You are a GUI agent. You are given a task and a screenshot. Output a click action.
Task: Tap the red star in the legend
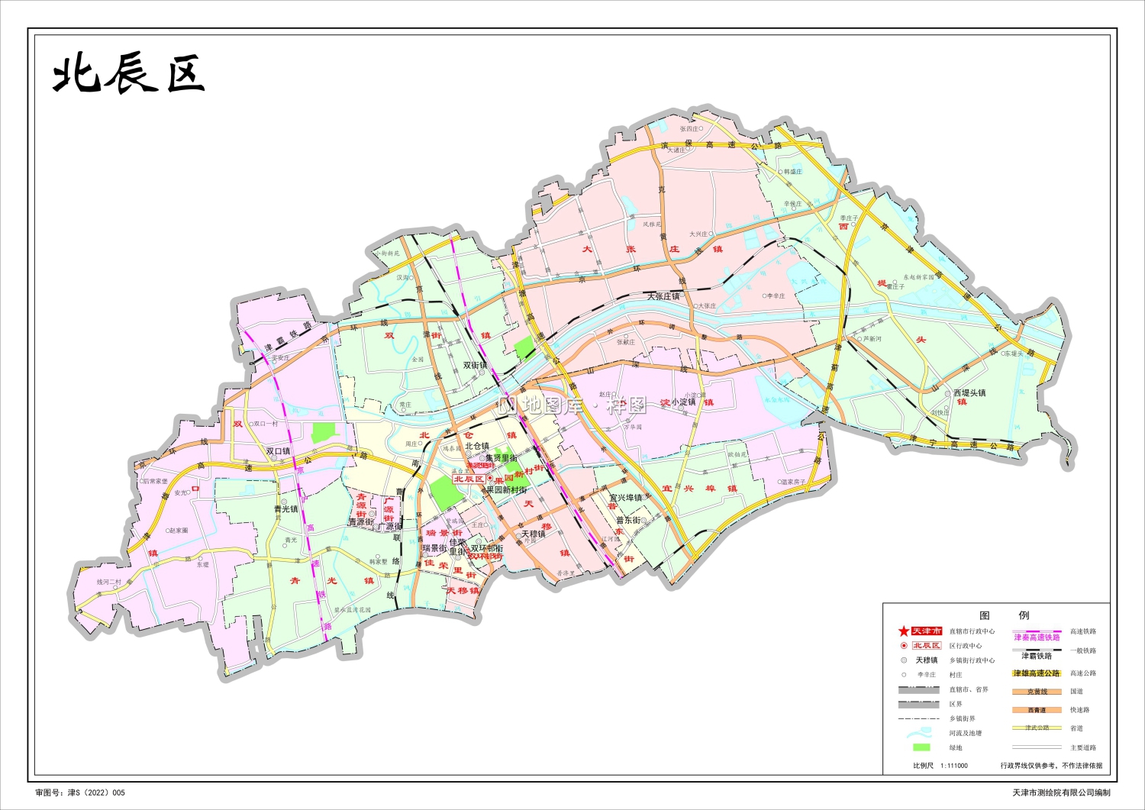point(904,631)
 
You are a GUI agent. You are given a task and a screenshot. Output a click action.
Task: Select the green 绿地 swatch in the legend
point(921,747)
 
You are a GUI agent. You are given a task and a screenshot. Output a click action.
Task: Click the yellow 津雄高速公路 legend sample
point(1037,673)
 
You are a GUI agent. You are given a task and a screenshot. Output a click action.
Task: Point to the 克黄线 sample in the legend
point(1037,692)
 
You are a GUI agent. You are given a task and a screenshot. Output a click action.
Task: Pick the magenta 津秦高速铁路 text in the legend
point(1037,637)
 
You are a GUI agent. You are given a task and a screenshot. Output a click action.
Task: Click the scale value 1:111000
point(953,766)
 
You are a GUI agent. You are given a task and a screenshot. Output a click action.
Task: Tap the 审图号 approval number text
point(80,793)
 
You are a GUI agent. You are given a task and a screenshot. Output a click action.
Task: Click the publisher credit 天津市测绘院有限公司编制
point(1061,793)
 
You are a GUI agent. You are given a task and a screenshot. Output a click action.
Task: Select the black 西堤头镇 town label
point(969,392)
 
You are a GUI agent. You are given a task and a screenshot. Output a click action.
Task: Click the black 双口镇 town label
point(278,451)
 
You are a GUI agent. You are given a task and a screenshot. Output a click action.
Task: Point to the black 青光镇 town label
point(285,509)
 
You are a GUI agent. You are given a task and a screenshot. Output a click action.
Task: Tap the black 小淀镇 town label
point(683,402)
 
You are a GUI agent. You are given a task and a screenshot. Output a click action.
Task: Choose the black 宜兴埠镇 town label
point(625,498)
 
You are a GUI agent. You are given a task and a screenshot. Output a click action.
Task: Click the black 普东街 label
point(628,521)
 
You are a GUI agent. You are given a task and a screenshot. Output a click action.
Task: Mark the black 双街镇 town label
point(475,366)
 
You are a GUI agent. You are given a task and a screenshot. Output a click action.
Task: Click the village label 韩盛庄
point(793,172)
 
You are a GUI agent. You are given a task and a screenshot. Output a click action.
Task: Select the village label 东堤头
point(1014,353)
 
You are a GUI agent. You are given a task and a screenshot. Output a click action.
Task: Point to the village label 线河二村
point(108,582)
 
